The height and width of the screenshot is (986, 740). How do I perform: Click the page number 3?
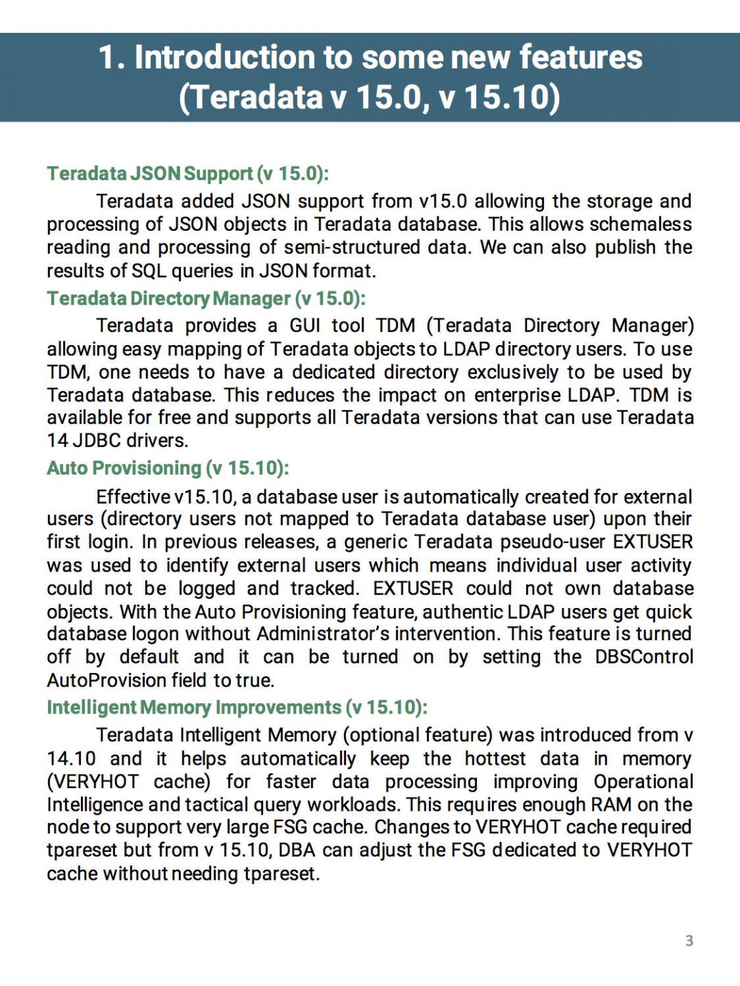689,941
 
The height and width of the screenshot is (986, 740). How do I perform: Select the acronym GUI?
305,325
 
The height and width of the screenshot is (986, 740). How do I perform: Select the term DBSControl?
644,657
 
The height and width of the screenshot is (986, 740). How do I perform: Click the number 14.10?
71,759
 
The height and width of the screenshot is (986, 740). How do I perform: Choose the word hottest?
495,759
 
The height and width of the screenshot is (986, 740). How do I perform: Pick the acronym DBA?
297,850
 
